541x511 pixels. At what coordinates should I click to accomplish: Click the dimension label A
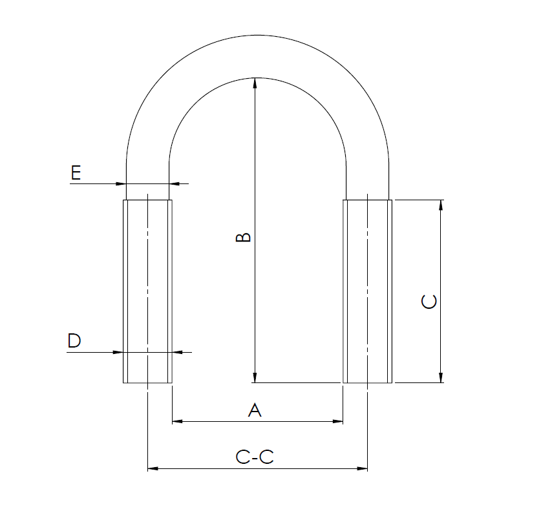(255, 410)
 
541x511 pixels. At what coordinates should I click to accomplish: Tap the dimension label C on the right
(429, 302)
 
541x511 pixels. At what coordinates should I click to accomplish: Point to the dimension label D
(74, 341)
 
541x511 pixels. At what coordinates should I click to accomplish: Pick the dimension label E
(76, 173)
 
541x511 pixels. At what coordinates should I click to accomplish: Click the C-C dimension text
(255, 457)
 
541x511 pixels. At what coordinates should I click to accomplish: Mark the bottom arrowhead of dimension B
(255, 378)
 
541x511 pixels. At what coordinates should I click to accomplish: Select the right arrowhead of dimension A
(337, 422)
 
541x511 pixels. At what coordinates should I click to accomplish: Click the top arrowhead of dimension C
(441, 205)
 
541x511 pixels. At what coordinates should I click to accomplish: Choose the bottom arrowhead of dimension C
(441, 378)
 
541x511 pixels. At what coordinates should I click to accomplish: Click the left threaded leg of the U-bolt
(148, 291)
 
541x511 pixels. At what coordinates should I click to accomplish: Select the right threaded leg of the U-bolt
(367, 291)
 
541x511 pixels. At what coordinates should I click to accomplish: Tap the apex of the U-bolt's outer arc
(257, 35)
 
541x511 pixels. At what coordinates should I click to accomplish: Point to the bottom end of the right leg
(367, 382)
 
